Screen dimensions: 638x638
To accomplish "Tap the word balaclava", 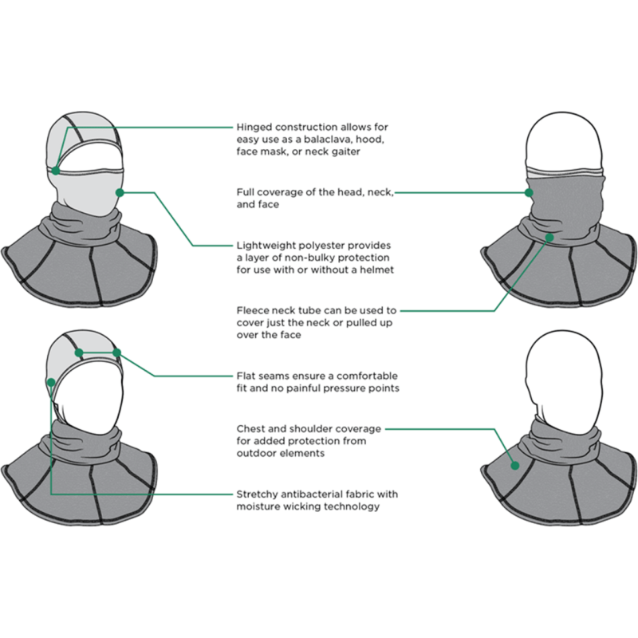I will click(321, 140).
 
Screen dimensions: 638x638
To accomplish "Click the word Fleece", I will click(253, 310).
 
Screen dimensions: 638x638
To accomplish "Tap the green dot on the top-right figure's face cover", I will click(529, 191).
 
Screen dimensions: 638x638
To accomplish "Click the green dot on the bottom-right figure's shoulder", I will click(514, 465).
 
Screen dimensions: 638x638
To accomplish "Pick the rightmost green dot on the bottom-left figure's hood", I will click(117, 352).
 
